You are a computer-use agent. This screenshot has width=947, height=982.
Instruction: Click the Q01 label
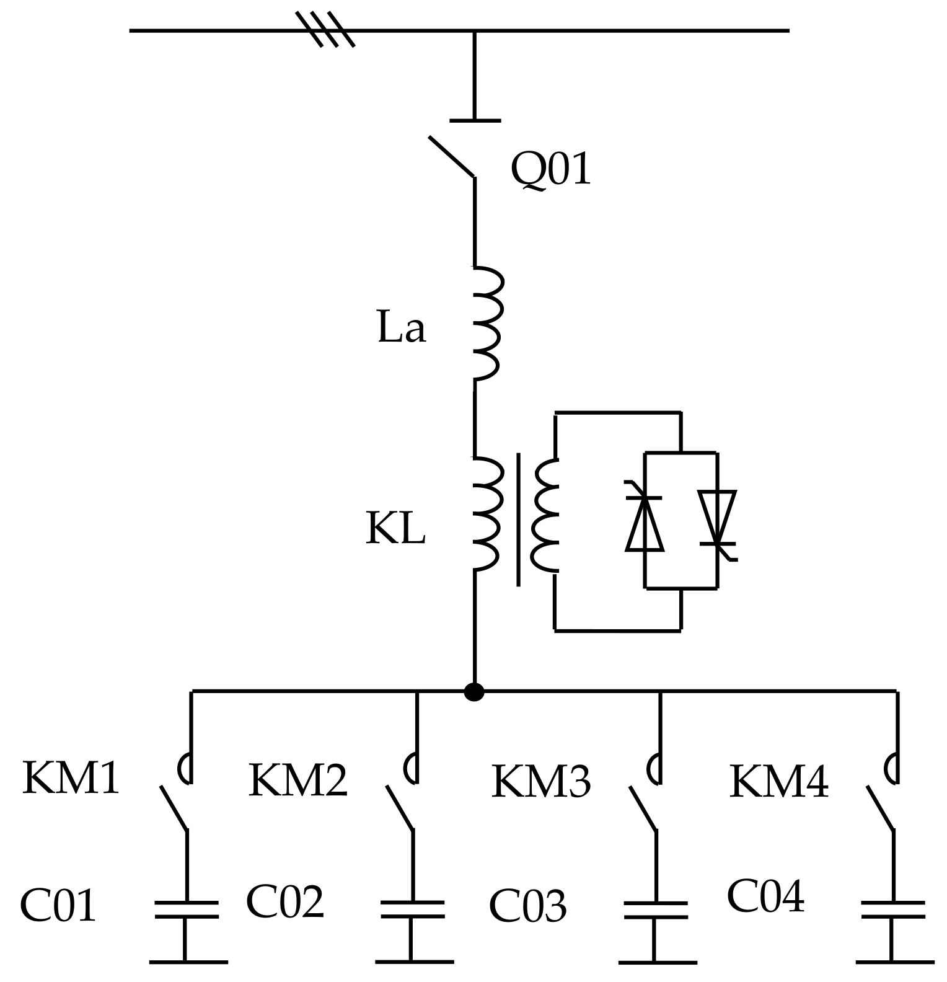click(x=550, y=169)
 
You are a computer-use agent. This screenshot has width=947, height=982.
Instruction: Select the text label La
click(x=402, y=328)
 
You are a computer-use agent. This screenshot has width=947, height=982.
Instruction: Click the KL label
click(x=395, y=529)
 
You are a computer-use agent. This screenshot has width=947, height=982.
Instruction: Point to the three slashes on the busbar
click(x=325, y=29)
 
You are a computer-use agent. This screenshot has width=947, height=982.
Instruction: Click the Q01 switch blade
click(x=452, y=156)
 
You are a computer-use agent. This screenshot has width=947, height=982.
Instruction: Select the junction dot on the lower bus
click(x=474, y=692)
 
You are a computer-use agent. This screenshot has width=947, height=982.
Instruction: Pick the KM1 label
click(x=71, y=779)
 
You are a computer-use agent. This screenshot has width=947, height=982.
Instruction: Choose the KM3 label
click(x=541, y=782)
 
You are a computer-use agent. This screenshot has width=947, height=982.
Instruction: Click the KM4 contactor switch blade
click(x=881, y=808)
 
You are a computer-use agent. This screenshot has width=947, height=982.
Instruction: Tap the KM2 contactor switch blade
click(x=400, y=808)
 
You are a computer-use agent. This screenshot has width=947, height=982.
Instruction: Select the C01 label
click(x=58, y=906)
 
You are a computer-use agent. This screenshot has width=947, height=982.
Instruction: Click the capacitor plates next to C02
click(x=412, y=909)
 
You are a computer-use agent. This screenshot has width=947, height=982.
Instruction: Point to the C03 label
click(x=527, y=906)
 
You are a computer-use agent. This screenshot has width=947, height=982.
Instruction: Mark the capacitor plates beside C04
click(x=893, y=909)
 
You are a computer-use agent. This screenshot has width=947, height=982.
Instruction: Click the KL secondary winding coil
click(x=545, y=515)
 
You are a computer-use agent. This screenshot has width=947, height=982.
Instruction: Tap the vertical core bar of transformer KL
click(x=518, y=520)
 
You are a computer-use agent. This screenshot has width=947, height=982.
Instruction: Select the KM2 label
click(x=298, y=781)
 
